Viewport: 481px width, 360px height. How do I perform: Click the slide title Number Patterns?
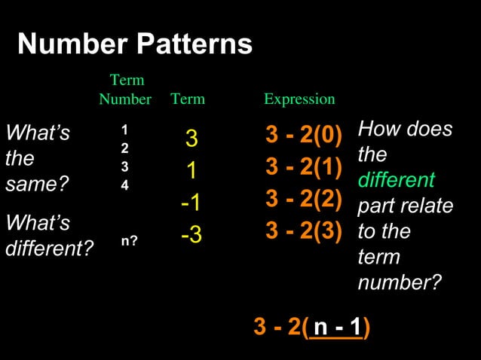(x=135, y=45)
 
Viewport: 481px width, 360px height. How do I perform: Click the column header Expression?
(x=299, y=99)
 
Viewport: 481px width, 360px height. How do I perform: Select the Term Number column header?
(x=126, y=90)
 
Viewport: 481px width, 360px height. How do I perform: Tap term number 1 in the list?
(x=124, y=130)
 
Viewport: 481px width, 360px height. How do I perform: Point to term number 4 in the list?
(x=124, y=184)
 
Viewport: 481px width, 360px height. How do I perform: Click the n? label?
(x=129, y=242)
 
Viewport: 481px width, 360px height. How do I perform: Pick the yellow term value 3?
(x=191, y=139)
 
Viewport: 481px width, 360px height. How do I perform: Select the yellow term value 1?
(x=191, y=172)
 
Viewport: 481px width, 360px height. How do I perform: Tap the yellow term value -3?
(x=191, y=236)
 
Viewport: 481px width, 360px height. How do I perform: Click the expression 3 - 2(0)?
(x=304, y=136)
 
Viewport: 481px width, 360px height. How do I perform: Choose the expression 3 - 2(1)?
(x=304, y=167)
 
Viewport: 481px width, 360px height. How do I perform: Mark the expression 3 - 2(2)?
(x=304, y=199)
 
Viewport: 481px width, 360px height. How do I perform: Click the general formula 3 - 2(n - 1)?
(x=311, y=328)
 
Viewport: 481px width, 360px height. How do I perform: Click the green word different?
(x=396, y=181)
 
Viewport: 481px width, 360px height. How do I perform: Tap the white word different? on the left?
(x=49, y=248)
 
